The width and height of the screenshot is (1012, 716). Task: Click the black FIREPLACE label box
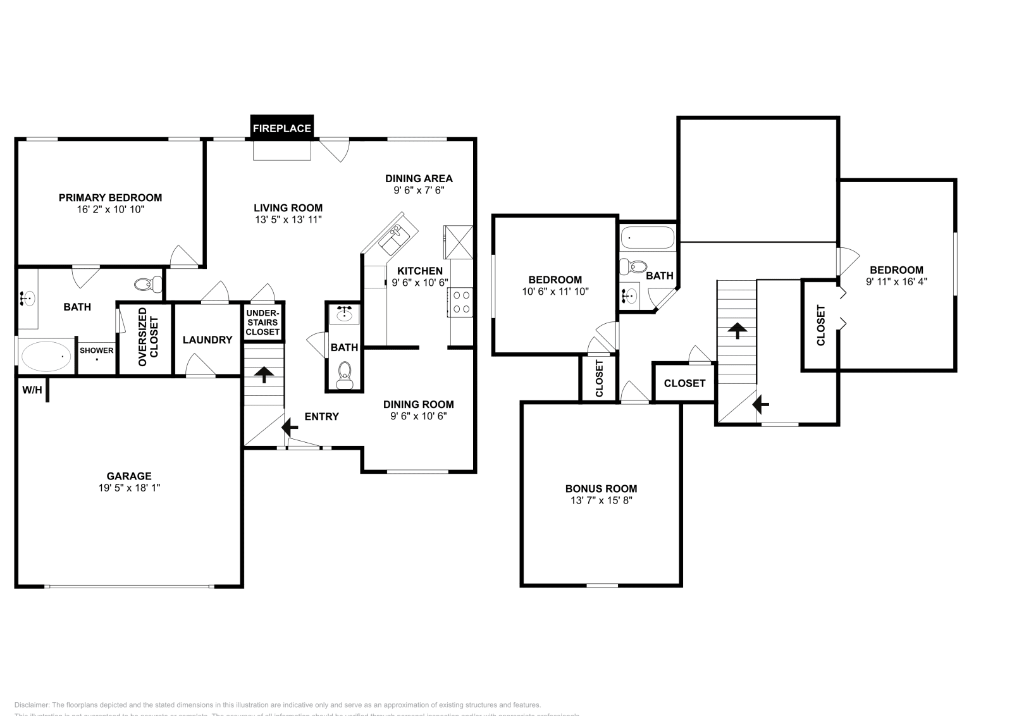point(282,128)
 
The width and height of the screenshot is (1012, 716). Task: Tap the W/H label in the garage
point(32,390)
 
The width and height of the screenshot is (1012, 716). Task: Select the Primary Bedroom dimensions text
point(111,209)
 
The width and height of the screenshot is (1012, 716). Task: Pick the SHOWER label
point(97,350)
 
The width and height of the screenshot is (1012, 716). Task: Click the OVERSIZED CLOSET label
point(148,336)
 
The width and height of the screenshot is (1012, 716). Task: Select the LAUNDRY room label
point(207,340)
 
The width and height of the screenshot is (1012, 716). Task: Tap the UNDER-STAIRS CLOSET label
point(262,323)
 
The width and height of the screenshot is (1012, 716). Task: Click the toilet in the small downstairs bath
point(345,374)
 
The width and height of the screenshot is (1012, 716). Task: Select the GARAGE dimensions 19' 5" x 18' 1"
point(129,488)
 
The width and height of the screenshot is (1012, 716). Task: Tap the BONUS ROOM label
point(601,488)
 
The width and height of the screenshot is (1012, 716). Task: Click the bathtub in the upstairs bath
point(647,238)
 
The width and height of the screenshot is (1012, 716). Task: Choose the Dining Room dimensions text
point(419,416)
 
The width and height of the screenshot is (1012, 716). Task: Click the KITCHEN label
point(420,271)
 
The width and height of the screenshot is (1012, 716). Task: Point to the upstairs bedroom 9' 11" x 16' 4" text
point(896,281)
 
